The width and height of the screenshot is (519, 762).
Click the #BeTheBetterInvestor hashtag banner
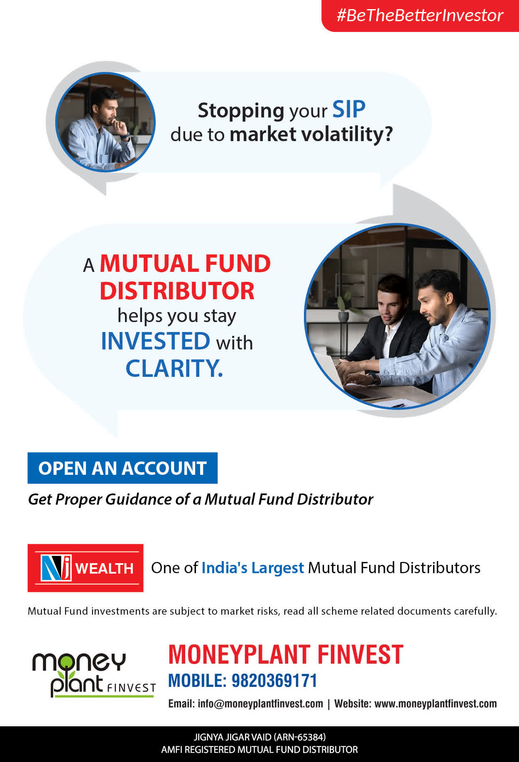point(420,15)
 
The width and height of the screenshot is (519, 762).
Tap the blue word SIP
point(349,110)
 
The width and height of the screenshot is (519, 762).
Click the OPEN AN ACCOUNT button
point(122,468)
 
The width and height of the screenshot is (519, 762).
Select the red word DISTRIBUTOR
point(177,291)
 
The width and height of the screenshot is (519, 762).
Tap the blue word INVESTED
point(156,341)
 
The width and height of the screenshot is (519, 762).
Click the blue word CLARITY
point(174,368)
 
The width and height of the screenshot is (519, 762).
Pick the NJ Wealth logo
point(86,568)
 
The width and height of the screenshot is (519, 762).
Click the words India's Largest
point(252,568)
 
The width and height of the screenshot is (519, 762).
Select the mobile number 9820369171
point(274,681)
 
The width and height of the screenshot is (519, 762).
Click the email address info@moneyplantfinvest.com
point(260,704)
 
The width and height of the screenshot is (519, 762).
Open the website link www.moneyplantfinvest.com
point(436,704)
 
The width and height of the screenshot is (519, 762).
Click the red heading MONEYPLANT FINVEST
point(286,655)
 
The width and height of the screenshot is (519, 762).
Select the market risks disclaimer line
point(262,611)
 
